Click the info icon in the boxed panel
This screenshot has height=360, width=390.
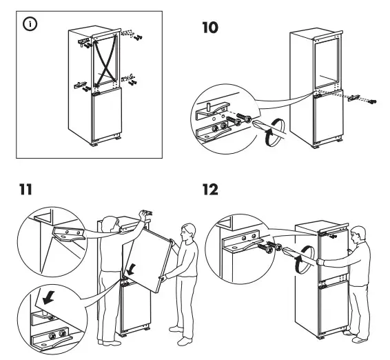31,25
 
